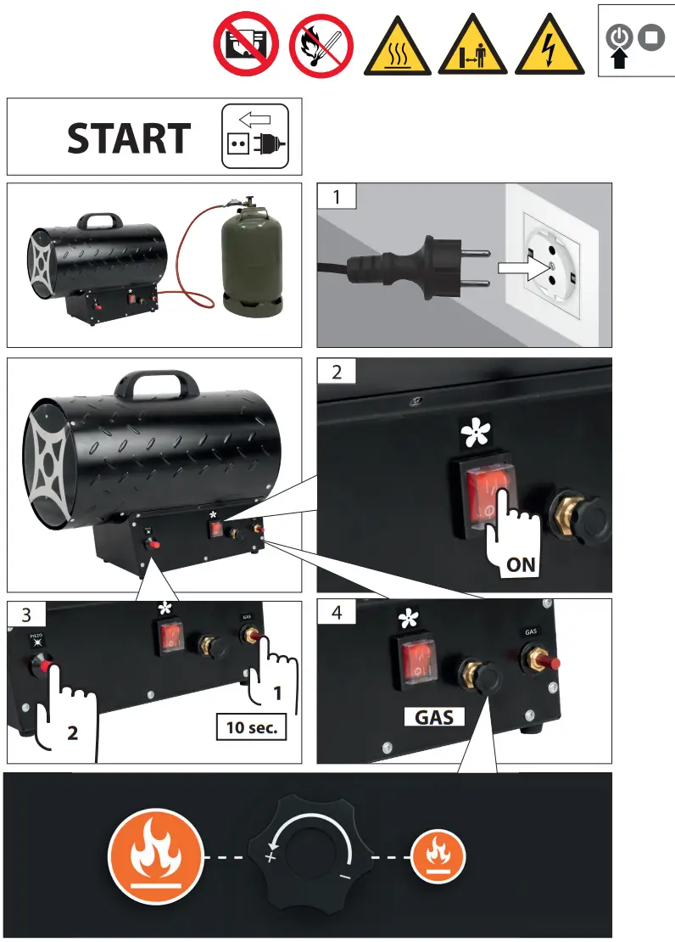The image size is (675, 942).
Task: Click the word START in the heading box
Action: coord(129,138)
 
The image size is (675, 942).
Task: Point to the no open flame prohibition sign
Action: coord(321,46)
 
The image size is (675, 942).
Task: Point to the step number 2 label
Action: coord(337,372)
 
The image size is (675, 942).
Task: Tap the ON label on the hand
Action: coord(519,564)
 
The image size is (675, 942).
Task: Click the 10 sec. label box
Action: coord(251,727)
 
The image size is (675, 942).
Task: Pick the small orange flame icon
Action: coord(437,853)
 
